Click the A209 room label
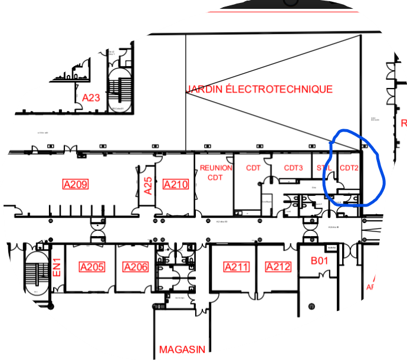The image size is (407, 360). (76, 185)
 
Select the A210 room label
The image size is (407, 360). (175, 185)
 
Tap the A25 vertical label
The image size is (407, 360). (149, 186)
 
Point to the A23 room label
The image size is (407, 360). (91, 98)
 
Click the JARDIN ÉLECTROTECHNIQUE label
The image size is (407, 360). (260, 90)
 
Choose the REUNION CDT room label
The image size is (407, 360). (216, 172)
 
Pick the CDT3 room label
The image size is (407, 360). (293, 168)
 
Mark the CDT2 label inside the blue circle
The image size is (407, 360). (349, 168)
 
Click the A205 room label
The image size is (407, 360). (92, 267)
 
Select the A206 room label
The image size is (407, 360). (136, 267)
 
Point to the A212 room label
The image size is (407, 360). (278, 267)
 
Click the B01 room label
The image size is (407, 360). (319, 260)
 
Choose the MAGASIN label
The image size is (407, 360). (182, 349)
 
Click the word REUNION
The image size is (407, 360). (216, 168)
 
